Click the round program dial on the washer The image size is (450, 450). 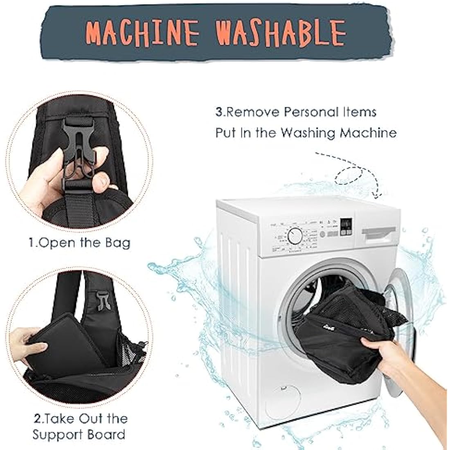tap(294, 236)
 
